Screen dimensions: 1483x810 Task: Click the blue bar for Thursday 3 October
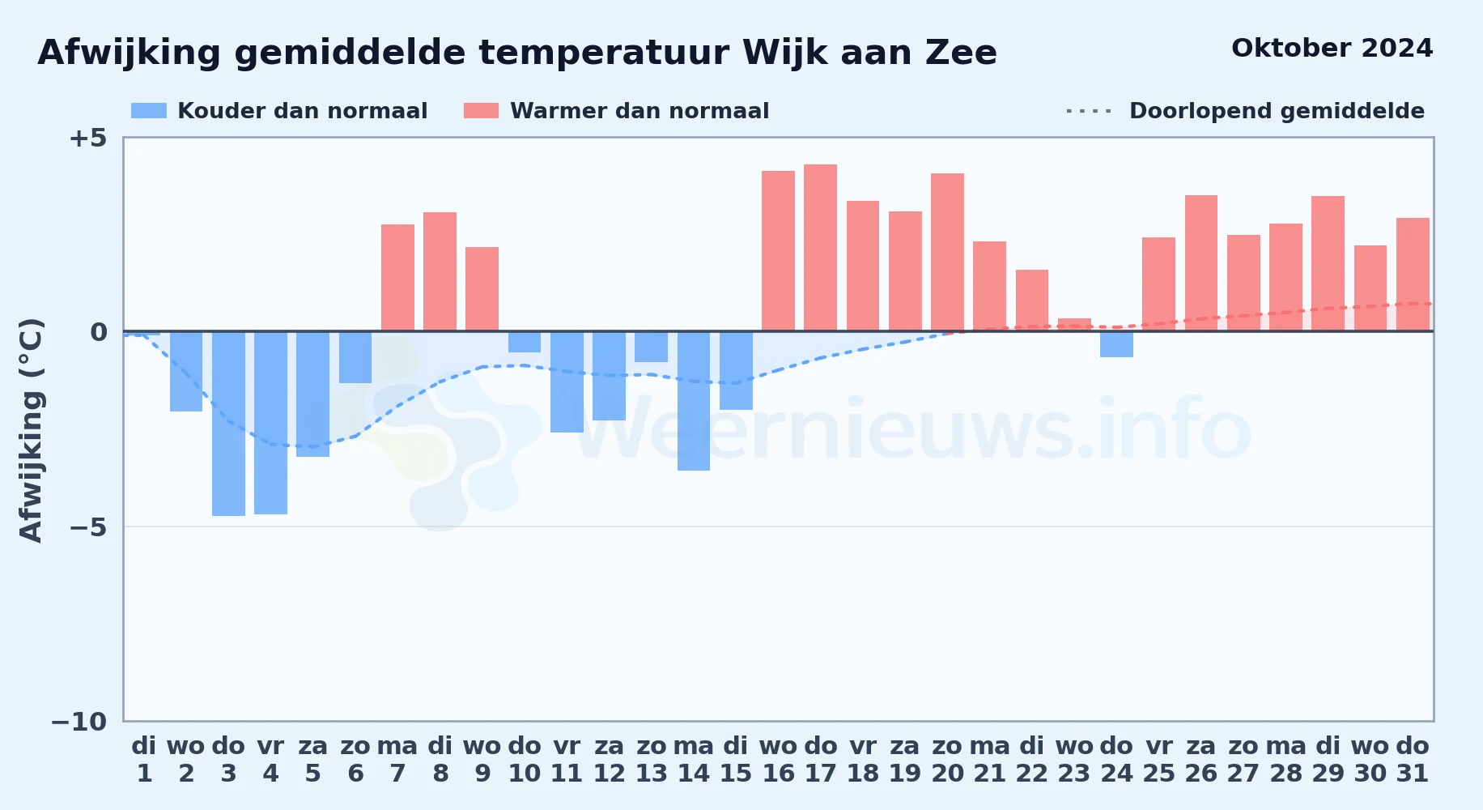tap(228, 424)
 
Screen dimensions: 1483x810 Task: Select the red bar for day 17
tap(820, 248)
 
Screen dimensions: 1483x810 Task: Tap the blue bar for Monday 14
tap(694, 401)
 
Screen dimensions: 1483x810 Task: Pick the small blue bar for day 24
tap(1116, 344)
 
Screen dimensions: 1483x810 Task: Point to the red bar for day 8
tap(440, 271)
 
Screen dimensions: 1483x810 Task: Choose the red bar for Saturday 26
tap(1201, 263)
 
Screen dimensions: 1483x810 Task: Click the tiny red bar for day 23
tap(1074, 325)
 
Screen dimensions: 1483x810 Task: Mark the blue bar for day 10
tap(525, 342)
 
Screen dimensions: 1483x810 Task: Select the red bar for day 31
tap(1413, 275)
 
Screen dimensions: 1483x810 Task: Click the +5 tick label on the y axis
tap(87, 138)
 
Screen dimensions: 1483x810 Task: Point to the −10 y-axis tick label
tap(79, 722)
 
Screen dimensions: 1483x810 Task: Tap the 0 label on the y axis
tap(99, 332)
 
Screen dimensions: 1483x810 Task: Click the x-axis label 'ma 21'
tap(990, 760)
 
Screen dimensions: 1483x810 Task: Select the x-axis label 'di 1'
tap(144, 760)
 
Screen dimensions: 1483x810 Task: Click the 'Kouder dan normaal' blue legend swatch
tap(149, 111)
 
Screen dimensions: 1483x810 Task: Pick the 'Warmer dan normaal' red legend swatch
tap(481, 111)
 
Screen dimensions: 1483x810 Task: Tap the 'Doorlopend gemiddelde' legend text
tap(1277, 111)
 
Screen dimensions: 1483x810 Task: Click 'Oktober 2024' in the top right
tap(1332, 49)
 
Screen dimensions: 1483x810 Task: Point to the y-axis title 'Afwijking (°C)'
tap(31, 429)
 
